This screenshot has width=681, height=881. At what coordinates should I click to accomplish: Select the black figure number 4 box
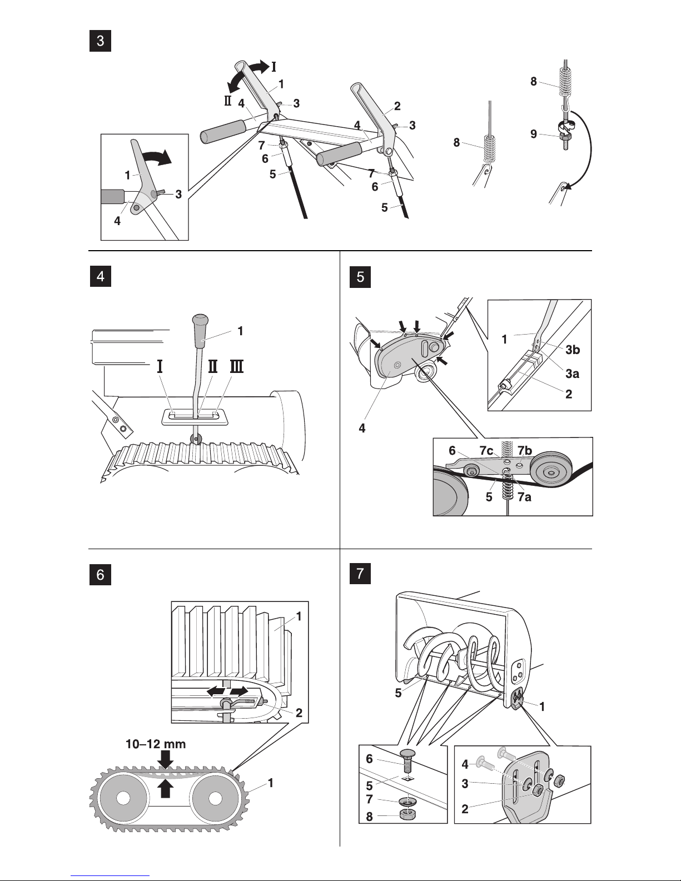tap(100, 277)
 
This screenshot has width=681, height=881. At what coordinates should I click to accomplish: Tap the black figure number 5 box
tap(360, 277)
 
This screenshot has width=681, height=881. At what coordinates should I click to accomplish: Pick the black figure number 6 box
tap(100, 574)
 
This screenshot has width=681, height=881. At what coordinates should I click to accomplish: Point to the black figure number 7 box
tap(360, 573)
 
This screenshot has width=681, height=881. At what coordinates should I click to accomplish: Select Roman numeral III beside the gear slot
tap(236, 366)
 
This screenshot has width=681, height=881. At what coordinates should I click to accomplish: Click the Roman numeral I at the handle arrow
tap(274, 67)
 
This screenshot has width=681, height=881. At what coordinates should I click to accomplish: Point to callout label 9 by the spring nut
tap(533, 134)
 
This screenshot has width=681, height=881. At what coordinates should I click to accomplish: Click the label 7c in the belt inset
tap(486, 450)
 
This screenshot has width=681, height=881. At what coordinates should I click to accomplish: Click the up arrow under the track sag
tap(165, 788)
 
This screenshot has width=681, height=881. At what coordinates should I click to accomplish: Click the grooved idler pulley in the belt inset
tap(550, 472)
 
